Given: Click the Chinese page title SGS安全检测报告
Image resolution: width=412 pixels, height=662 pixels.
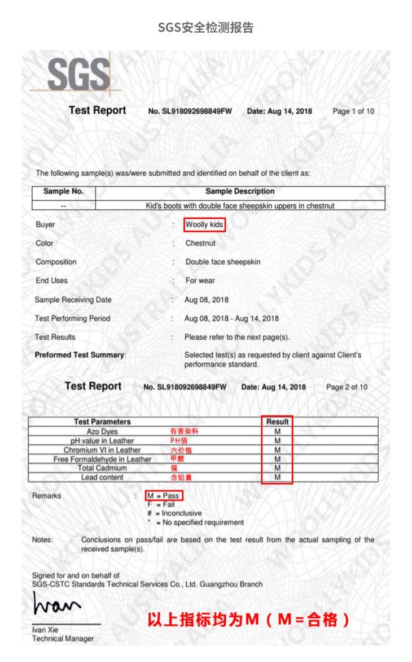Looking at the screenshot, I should (205, 27).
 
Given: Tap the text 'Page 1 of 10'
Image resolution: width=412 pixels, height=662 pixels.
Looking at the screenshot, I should (353, 111).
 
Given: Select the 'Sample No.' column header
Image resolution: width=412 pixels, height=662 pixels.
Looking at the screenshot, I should (63, 192).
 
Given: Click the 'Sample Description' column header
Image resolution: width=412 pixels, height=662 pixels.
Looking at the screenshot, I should (240, 192).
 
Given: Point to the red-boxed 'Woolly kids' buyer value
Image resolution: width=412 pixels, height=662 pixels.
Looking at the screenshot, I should (204, 224).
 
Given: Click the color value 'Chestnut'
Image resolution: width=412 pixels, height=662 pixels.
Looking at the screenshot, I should (200, 243).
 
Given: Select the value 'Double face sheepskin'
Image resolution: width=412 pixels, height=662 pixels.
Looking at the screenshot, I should (223, 262).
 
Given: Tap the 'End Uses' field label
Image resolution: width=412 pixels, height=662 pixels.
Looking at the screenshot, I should (51, 280).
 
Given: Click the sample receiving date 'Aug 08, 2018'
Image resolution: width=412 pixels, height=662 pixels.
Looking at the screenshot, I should (204, 300).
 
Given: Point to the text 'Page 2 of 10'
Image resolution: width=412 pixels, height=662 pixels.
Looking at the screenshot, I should (347, 387).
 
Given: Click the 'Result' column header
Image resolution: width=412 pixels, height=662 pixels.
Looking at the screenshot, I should (277, 422).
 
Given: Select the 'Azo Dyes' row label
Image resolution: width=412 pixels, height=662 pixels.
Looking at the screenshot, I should (102, 431).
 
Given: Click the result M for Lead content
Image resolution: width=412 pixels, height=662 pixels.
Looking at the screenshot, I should (277, 478).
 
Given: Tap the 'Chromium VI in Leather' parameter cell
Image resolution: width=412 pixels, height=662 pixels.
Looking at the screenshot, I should (102, 450).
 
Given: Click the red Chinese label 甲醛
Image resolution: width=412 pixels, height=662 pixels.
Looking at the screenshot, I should (177, 459).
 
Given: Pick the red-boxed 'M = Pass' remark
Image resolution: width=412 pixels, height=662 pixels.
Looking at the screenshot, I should (163, 496).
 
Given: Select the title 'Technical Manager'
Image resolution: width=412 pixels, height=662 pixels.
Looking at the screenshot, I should (63, 638).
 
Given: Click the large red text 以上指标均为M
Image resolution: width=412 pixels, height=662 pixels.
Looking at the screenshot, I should (203, 620).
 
